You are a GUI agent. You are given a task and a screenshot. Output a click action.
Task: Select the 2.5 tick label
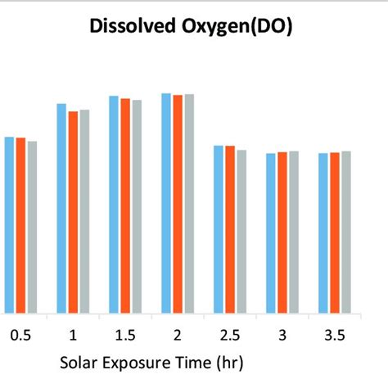point(230,335)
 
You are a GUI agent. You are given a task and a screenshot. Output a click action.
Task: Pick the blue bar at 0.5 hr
point(10,225)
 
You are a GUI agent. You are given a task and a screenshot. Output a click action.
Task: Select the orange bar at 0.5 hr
point(20,225)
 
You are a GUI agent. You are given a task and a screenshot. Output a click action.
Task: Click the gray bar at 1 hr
point(84,211)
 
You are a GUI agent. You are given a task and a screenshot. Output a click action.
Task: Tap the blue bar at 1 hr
point(61,209)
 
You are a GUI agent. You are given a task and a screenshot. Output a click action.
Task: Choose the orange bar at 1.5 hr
point(125,205)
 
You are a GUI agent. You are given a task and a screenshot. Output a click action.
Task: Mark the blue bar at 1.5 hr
point(115,204)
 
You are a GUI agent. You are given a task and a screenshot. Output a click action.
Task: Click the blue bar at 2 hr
point(166,203)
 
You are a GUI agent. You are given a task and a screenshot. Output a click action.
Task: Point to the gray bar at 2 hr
point(189,203)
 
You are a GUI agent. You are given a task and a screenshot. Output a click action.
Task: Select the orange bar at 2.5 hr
point(230,229)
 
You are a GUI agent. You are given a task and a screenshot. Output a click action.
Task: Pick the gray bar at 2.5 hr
point(241,231)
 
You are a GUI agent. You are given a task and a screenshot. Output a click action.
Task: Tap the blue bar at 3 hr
point(271,233)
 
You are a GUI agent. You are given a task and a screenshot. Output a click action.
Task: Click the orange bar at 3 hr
point(282,232)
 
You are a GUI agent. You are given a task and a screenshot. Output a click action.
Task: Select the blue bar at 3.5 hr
point(323,233)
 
